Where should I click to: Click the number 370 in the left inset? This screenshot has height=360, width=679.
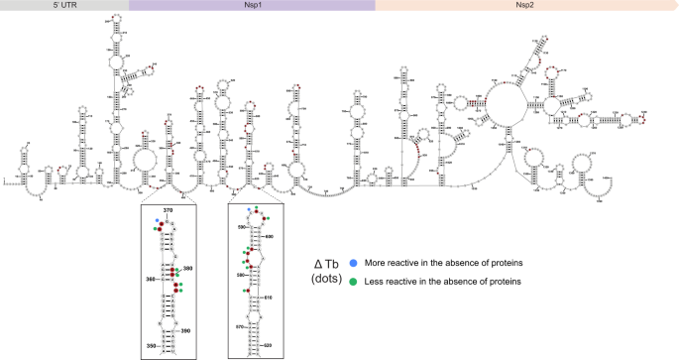point(169,209)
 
